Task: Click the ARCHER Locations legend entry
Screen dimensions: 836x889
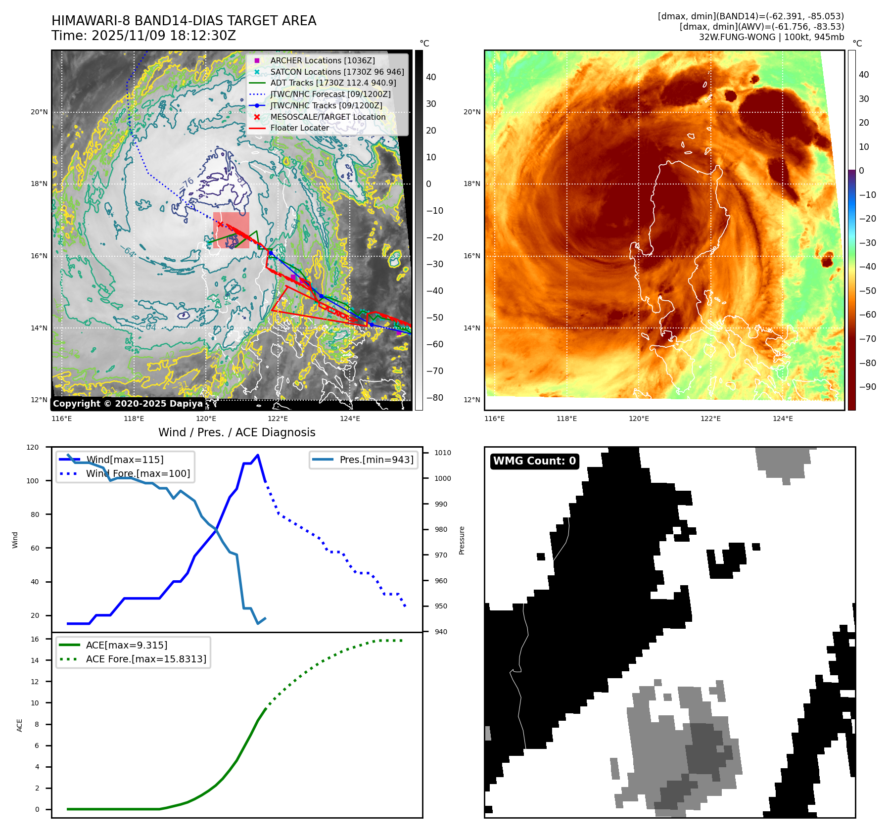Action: click(322, 60)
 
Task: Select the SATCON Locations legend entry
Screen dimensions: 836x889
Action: click(336, 72)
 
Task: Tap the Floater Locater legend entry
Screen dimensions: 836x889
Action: click(299, 128)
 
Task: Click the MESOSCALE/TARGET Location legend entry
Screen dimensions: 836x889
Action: click(328, 117)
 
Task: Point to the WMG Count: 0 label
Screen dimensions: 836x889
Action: click(534, 461)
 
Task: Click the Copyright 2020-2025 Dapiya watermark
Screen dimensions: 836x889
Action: click(128, 404)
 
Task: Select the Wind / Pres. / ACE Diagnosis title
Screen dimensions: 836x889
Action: click(236, 432)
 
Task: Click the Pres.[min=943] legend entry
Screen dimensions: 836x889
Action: click(376, 460)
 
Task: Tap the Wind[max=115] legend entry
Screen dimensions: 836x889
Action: click(125, 460)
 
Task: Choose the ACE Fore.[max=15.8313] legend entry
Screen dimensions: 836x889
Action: click(146, 659)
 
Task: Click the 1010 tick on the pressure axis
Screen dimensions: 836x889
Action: click(442, 453)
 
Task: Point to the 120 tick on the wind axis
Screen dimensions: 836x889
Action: click(33, 447)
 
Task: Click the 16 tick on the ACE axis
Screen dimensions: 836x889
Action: click(35, 639)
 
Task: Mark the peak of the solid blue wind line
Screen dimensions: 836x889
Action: click(258, 455)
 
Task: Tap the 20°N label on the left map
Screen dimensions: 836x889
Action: click(40, 112)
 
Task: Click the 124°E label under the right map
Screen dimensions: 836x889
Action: click(783, 418)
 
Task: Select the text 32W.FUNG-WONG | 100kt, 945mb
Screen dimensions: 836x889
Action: click(771, 37)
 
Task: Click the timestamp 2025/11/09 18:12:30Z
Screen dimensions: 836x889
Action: click(164, 36)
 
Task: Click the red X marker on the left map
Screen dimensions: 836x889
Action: click(220, 224)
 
